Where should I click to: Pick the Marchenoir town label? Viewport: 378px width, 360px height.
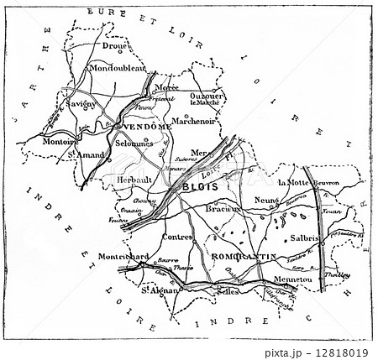tap(192, 119)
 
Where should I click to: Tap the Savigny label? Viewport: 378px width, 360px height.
tap(80, 104)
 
